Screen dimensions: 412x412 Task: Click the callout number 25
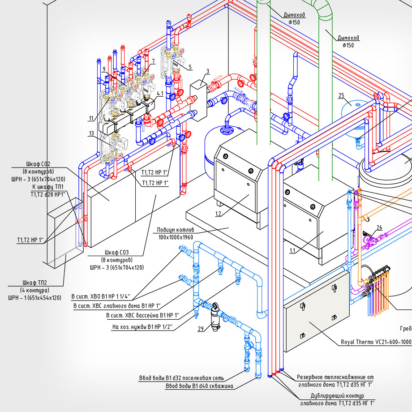click(341, 95)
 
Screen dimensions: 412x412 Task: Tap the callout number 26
click(379, 227)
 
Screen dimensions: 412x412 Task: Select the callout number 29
click(201, 329)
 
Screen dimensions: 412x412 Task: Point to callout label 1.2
click(218, 214)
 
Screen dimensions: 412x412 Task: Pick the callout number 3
click(208, 71)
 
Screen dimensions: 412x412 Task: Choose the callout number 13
click(91, 133)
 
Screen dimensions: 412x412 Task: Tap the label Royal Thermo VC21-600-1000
click(376, 342)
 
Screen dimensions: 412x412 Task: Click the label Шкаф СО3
click(116, 252)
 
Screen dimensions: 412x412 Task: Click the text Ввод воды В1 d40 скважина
click(199, 386)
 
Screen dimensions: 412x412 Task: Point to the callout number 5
click(190, 67)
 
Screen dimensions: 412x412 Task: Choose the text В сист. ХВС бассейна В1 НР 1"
click(142, 316)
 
